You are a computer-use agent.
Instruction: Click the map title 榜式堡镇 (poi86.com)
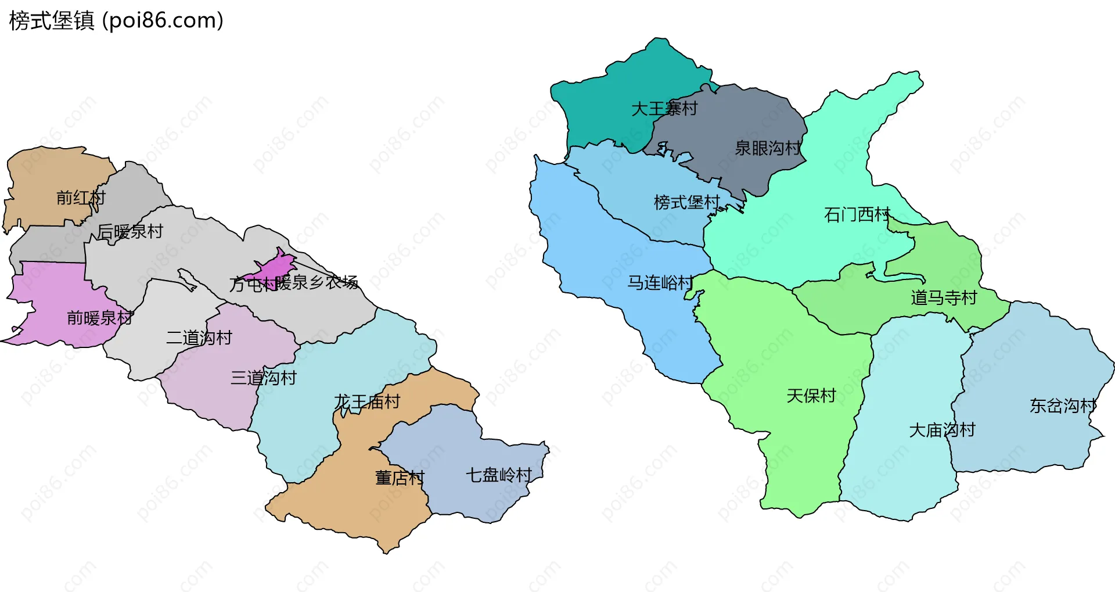pos(116,21)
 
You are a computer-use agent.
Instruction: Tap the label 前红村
pos(81,198)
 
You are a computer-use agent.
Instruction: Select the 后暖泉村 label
pos(130,232)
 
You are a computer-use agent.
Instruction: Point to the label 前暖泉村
pos(100,318)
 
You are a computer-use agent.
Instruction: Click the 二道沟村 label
pos(199,338)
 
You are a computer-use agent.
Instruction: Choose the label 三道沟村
pos(264,378)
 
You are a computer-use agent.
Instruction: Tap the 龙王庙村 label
pos(367,402)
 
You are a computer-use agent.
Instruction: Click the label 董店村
pos(400,478)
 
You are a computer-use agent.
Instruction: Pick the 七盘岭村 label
pos(499,476)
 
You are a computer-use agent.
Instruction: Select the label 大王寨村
pos(664,109)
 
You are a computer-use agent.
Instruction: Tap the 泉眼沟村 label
pos(768,149)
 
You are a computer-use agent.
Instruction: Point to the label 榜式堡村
pos(687,203)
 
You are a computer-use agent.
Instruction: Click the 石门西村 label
pos(857,215)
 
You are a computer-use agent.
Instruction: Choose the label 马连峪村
pos(660,283)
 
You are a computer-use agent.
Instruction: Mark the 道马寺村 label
pos(944,299)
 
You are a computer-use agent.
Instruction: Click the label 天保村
pos(811,396)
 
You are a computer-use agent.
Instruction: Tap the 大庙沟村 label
pos(942,430)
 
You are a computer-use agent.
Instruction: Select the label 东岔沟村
pos(1063,406)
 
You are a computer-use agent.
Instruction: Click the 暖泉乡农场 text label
pos(317,283)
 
